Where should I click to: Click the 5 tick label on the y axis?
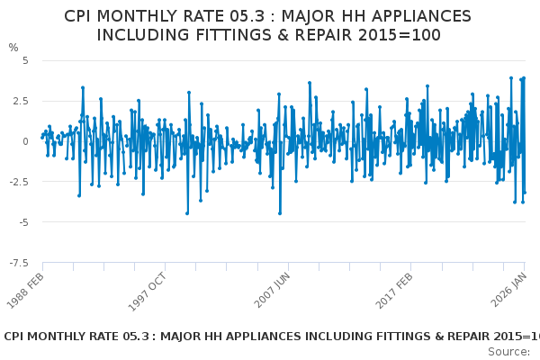pos(25,60)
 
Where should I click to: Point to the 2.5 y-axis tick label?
pos(21,101)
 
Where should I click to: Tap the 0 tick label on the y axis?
pos(25,141)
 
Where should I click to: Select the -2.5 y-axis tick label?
pos(19,182)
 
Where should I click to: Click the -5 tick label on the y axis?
pos(22,222)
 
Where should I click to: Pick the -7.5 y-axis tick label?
pos(19,263)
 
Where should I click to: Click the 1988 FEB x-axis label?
pos(24,292)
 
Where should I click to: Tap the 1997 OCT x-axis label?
pos(146,292)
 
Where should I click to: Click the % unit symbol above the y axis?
pos(13,48)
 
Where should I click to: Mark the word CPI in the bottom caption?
pos(17,337)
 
